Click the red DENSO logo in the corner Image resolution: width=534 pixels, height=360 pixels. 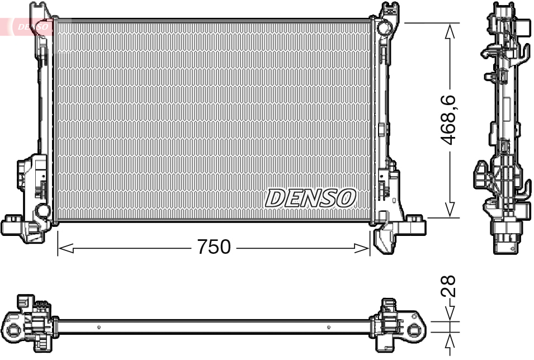pos(28,26)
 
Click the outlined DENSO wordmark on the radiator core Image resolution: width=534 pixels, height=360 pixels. pos(310,197)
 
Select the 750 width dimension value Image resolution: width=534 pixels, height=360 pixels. pos(214,247)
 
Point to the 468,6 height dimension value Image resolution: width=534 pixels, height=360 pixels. pos(450,120)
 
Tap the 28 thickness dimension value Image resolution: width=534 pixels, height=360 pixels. pos(450,286)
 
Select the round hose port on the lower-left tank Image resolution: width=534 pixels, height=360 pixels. pos(42,211)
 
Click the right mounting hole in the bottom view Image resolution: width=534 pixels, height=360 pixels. pos(413,330)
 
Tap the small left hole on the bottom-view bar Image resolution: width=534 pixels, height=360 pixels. pos(98,327)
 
